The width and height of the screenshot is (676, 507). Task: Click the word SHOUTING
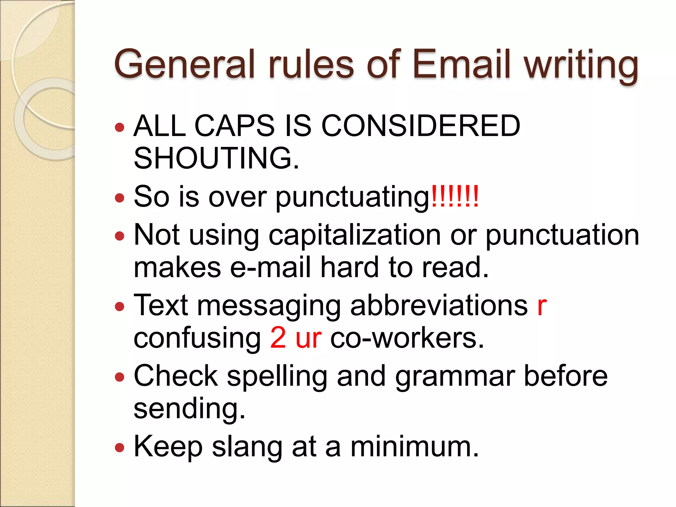click(x=216, y=158)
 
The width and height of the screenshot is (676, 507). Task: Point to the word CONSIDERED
click(x=421, y=126)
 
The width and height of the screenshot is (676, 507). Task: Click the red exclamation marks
click(x=455, y=197)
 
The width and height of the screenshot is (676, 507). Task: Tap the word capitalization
click(x=355, y=236)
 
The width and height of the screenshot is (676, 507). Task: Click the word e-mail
click(x=270, y=267)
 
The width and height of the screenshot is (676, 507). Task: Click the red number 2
click(x=278, y=337)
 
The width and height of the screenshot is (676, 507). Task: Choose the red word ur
click(x=308, y=339)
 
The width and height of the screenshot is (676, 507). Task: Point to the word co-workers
click(x=407, y=338)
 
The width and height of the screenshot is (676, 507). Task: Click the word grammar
click(x=455, y=378)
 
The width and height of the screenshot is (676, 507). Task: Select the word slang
click(x=247, y=448)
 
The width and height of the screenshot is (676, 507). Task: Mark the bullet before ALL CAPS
click(x=119, y=127)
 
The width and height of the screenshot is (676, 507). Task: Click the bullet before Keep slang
click(x=119, y=448)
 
